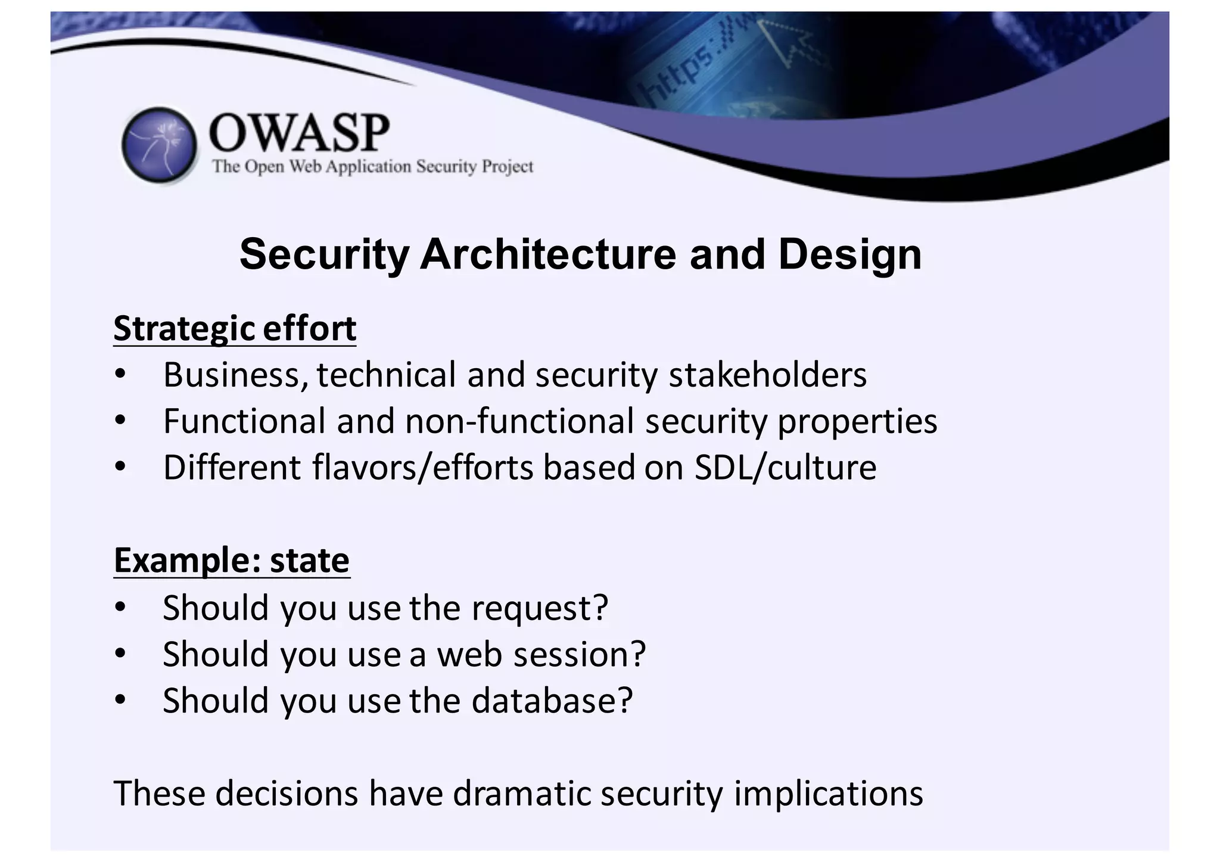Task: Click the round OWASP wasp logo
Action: coord(159,145)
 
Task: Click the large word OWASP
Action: coord(300,132)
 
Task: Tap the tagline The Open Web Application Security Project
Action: coord(373,166)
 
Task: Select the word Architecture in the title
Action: coord(547,254)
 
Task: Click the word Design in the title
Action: coord(849,254)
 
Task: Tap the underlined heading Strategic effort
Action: coord(235,329)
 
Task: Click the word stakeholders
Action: coord(767,375)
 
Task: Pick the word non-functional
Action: coord(519,421)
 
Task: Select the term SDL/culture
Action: coord(785,468)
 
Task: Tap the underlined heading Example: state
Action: coord(232,561)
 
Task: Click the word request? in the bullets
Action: coord(540,608)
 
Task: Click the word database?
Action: coord(552,701)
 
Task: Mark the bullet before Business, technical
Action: coord(120,375)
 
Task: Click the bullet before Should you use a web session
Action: coord(120,654)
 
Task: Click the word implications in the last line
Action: coord(828,794)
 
